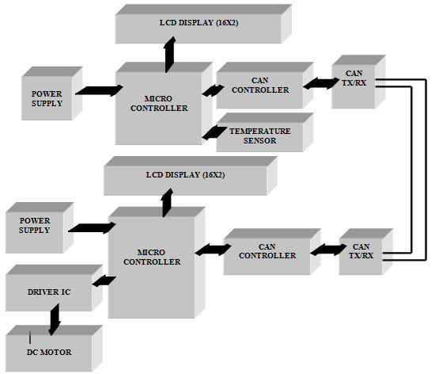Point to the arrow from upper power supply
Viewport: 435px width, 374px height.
pos(96,92)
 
